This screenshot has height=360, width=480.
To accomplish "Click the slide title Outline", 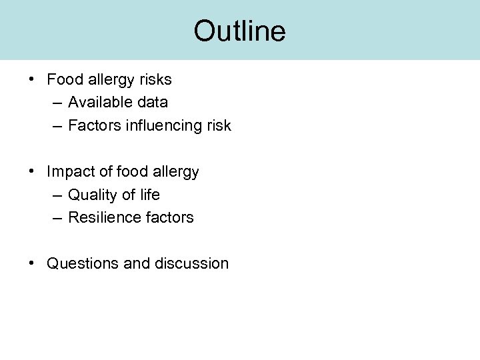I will (x=239, y=31).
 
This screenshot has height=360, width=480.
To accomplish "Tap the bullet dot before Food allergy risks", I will (x=32, y=79).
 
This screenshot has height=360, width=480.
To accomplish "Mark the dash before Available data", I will (x=55, y=103).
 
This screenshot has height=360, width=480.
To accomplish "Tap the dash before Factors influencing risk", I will (x=55, y=126).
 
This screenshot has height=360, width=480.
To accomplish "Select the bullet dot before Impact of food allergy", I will (x=32, y=171).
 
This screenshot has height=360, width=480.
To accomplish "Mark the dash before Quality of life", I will (x=55, y=195).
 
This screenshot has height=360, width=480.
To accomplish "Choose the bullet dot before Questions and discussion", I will (x=32, y=263).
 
